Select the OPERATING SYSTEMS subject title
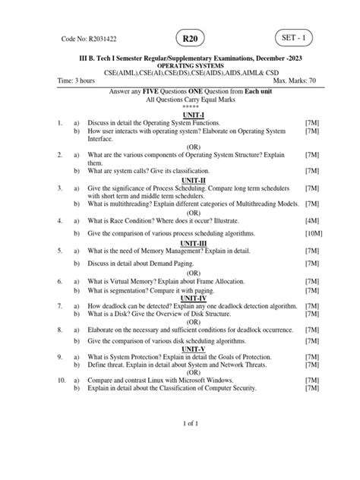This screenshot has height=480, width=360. [x=180, y=66]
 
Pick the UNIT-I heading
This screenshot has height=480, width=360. [x=180, y=113]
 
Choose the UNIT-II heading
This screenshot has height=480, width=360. [x=180, y=182]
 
